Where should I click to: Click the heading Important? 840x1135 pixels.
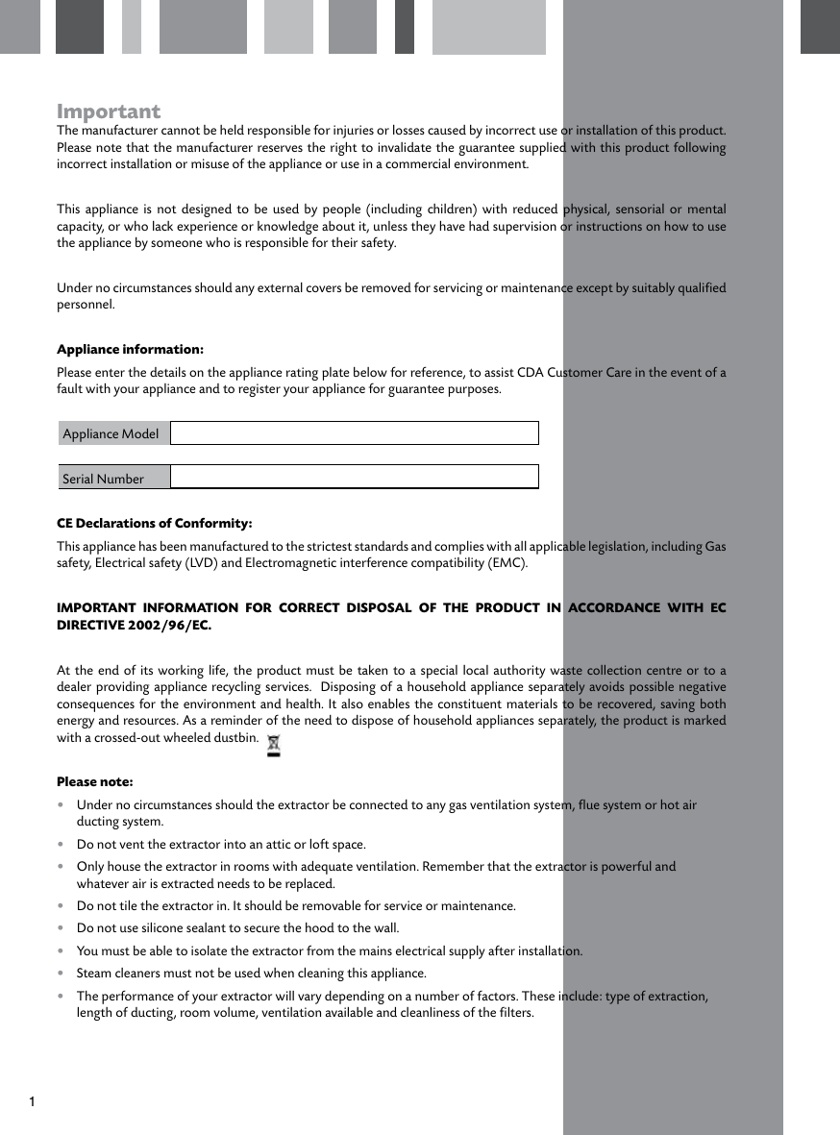pyautogui.click(x=109, y=111)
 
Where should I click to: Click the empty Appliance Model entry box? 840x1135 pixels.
pyautogui.click(x=354, y=433)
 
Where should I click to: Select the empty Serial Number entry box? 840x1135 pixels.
pyautogui.click(x=354, y=477)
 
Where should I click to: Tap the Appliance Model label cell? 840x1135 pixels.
pyautogui.click(x=112, y=433)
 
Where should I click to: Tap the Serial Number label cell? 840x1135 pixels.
pyautogui.click(x=112, y=478)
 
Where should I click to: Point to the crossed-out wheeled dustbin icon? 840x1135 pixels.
pyautogui.click(x=274, y=745)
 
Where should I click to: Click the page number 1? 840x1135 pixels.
pyautogui.click(x=32, y=1100)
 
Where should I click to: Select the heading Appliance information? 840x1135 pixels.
pyautogui.click(x=130, y=349)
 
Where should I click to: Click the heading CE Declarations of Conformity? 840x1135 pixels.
pyautogui.click(x=155, y=524)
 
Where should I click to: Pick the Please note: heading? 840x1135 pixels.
pyautogui.click(x=95, y=781)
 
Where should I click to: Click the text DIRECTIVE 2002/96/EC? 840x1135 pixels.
pyautogui.click(x=134, y=626)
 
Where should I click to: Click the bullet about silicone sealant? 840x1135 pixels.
pyautogui.click(x=237, y=928)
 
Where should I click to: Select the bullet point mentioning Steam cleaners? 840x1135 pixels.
pyautogui.click(x=251, y=974)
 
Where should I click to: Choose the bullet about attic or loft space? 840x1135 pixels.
pyautogui.click(x=221, y=845)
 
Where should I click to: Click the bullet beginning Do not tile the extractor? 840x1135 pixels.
pyautogui.click(x=295, y=906)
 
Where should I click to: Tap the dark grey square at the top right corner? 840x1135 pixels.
pyautogui.click(x=820, y=26)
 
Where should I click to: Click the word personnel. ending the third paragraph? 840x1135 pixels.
pyautogui.click(x=86, y=305)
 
